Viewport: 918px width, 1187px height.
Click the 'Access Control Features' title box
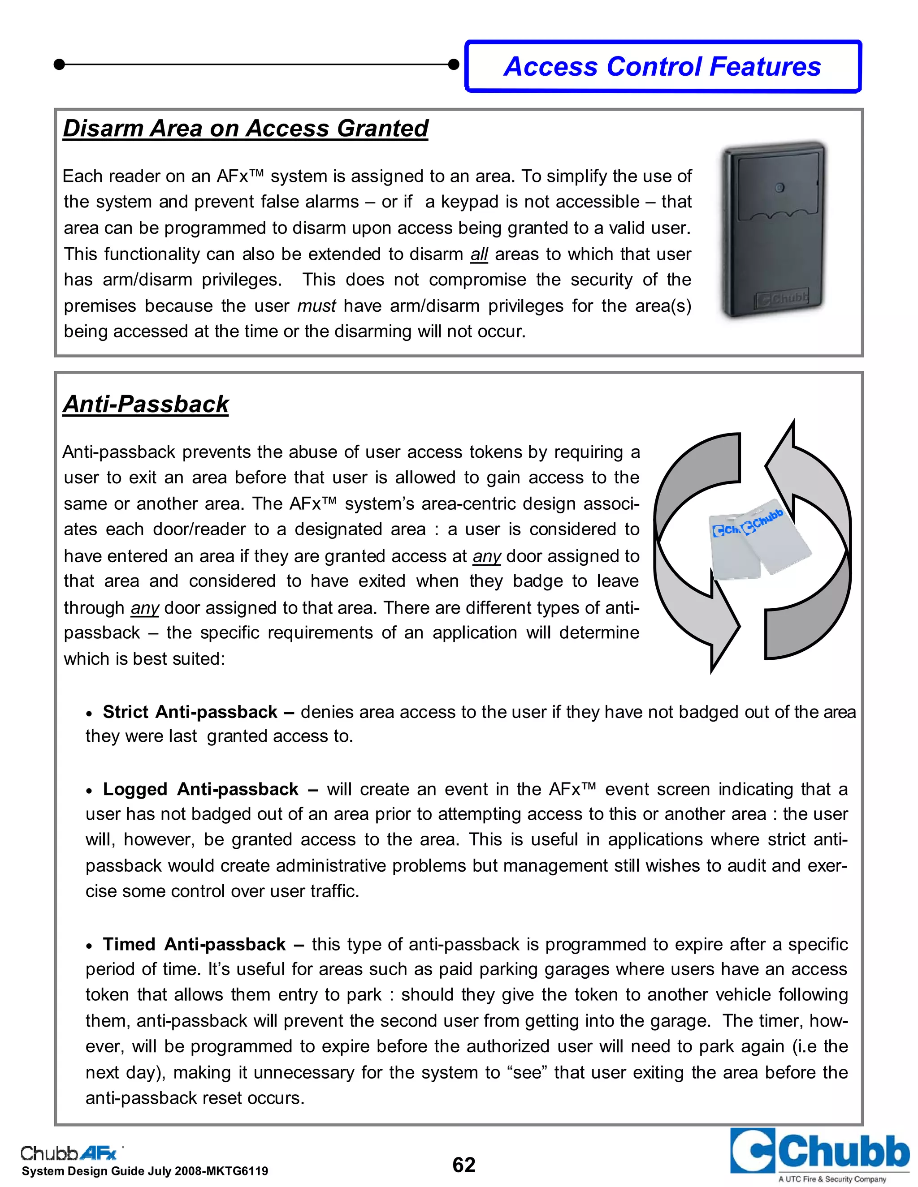[663, 67]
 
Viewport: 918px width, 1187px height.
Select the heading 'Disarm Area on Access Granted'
[245, 129]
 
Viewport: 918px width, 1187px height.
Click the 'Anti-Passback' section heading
[146, 404]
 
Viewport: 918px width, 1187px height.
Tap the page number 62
[463, 1165]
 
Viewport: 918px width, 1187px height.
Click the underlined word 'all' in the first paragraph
[479, 254]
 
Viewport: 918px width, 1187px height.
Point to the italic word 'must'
[316, 306]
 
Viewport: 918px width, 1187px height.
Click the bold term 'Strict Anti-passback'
[190, 712]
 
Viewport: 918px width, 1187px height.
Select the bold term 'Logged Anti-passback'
[200, 789]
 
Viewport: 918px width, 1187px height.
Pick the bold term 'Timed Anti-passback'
[194, 944]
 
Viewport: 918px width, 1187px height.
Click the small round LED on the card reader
[779, 188]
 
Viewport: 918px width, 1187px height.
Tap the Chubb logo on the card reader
[783, 298]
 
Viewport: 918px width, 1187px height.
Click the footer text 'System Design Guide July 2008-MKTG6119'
[145, 1171]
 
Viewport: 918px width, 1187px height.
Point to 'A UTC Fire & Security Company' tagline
[832, 1179]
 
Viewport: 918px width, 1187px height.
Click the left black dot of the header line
[60, 65]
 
